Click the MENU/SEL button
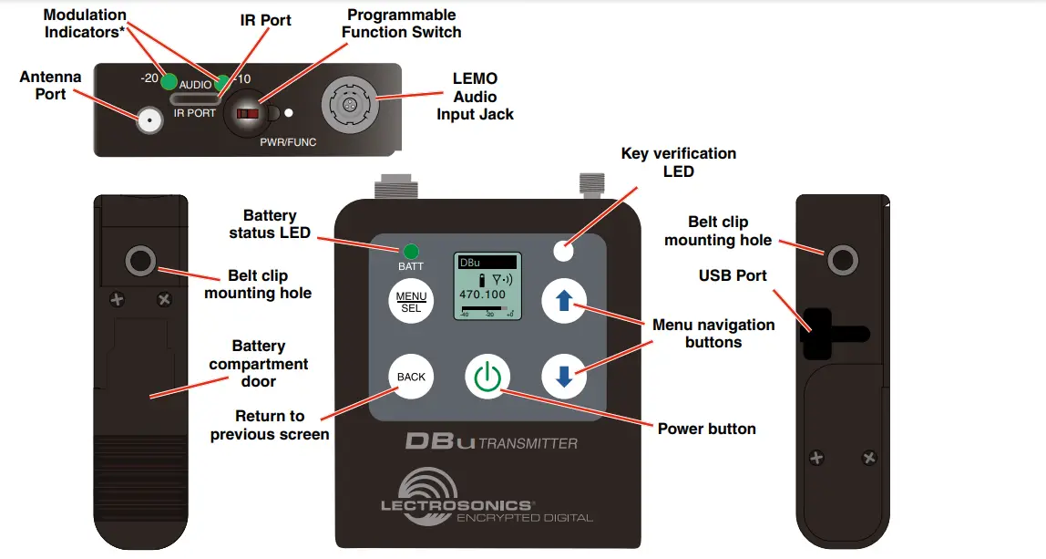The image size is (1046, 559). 411,302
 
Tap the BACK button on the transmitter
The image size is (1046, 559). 411,377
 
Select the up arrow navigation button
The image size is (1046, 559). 564,302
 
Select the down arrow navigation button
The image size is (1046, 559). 564,377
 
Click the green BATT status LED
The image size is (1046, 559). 411,251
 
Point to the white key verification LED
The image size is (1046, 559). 565,246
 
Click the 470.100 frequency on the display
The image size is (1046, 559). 483,295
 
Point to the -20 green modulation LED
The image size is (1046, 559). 169,80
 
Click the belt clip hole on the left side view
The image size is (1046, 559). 140,263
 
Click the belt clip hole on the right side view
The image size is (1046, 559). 843,262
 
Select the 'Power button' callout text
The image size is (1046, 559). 706,429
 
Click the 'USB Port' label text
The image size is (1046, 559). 733,275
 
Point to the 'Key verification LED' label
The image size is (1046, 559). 678,162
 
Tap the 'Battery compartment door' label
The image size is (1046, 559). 258,364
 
